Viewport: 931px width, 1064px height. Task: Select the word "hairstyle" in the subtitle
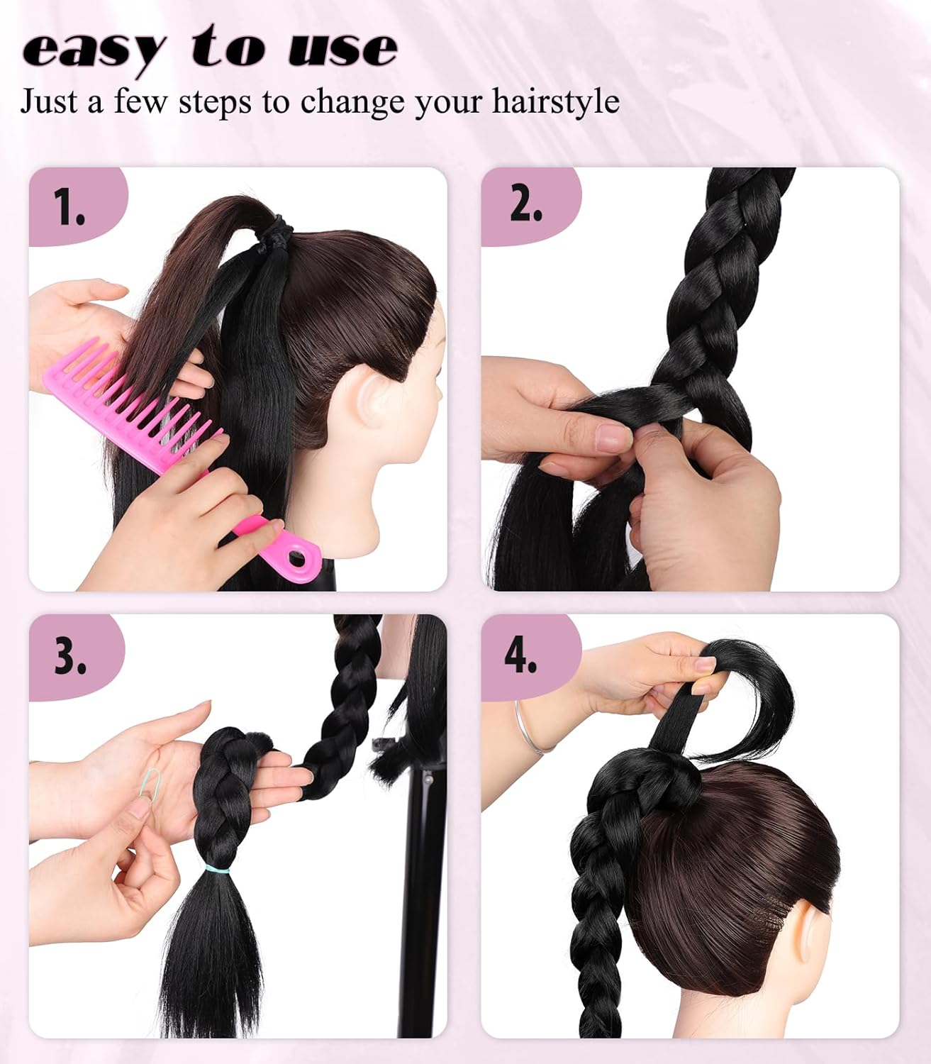(x=556, y=101)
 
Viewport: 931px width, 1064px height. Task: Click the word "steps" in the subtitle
(x=215, y=103)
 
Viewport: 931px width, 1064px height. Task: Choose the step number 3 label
(x=70, y=655)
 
